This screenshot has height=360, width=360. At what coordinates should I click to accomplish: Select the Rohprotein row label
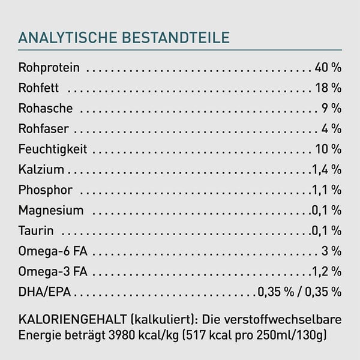[x=49, y=68]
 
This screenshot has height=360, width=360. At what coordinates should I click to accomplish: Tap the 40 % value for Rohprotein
[x=328, y=68]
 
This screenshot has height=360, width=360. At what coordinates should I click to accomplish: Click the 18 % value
[x=328, y=88]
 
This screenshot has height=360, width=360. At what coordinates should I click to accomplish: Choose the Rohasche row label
[x=46, y=109]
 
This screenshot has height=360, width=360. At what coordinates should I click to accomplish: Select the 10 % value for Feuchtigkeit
[x=328, y=149]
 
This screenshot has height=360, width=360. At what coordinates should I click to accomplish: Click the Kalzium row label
[x=41, y=170]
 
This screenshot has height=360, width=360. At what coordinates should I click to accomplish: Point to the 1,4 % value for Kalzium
[x=326, y=170]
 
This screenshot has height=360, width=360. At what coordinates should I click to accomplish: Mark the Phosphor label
[x=46, y=190]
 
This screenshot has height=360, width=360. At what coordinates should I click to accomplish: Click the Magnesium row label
[x=51, y=211]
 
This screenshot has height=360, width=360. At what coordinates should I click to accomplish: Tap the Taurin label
[x=36, y=231]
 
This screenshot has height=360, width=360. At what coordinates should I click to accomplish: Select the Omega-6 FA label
[x=53, y=251]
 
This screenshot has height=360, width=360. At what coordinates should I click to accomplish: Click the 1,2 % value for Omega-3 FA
[x=326, y=272]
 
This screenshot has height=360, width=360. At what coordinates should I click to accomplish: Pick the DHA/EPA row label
[x=45, y=292]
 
